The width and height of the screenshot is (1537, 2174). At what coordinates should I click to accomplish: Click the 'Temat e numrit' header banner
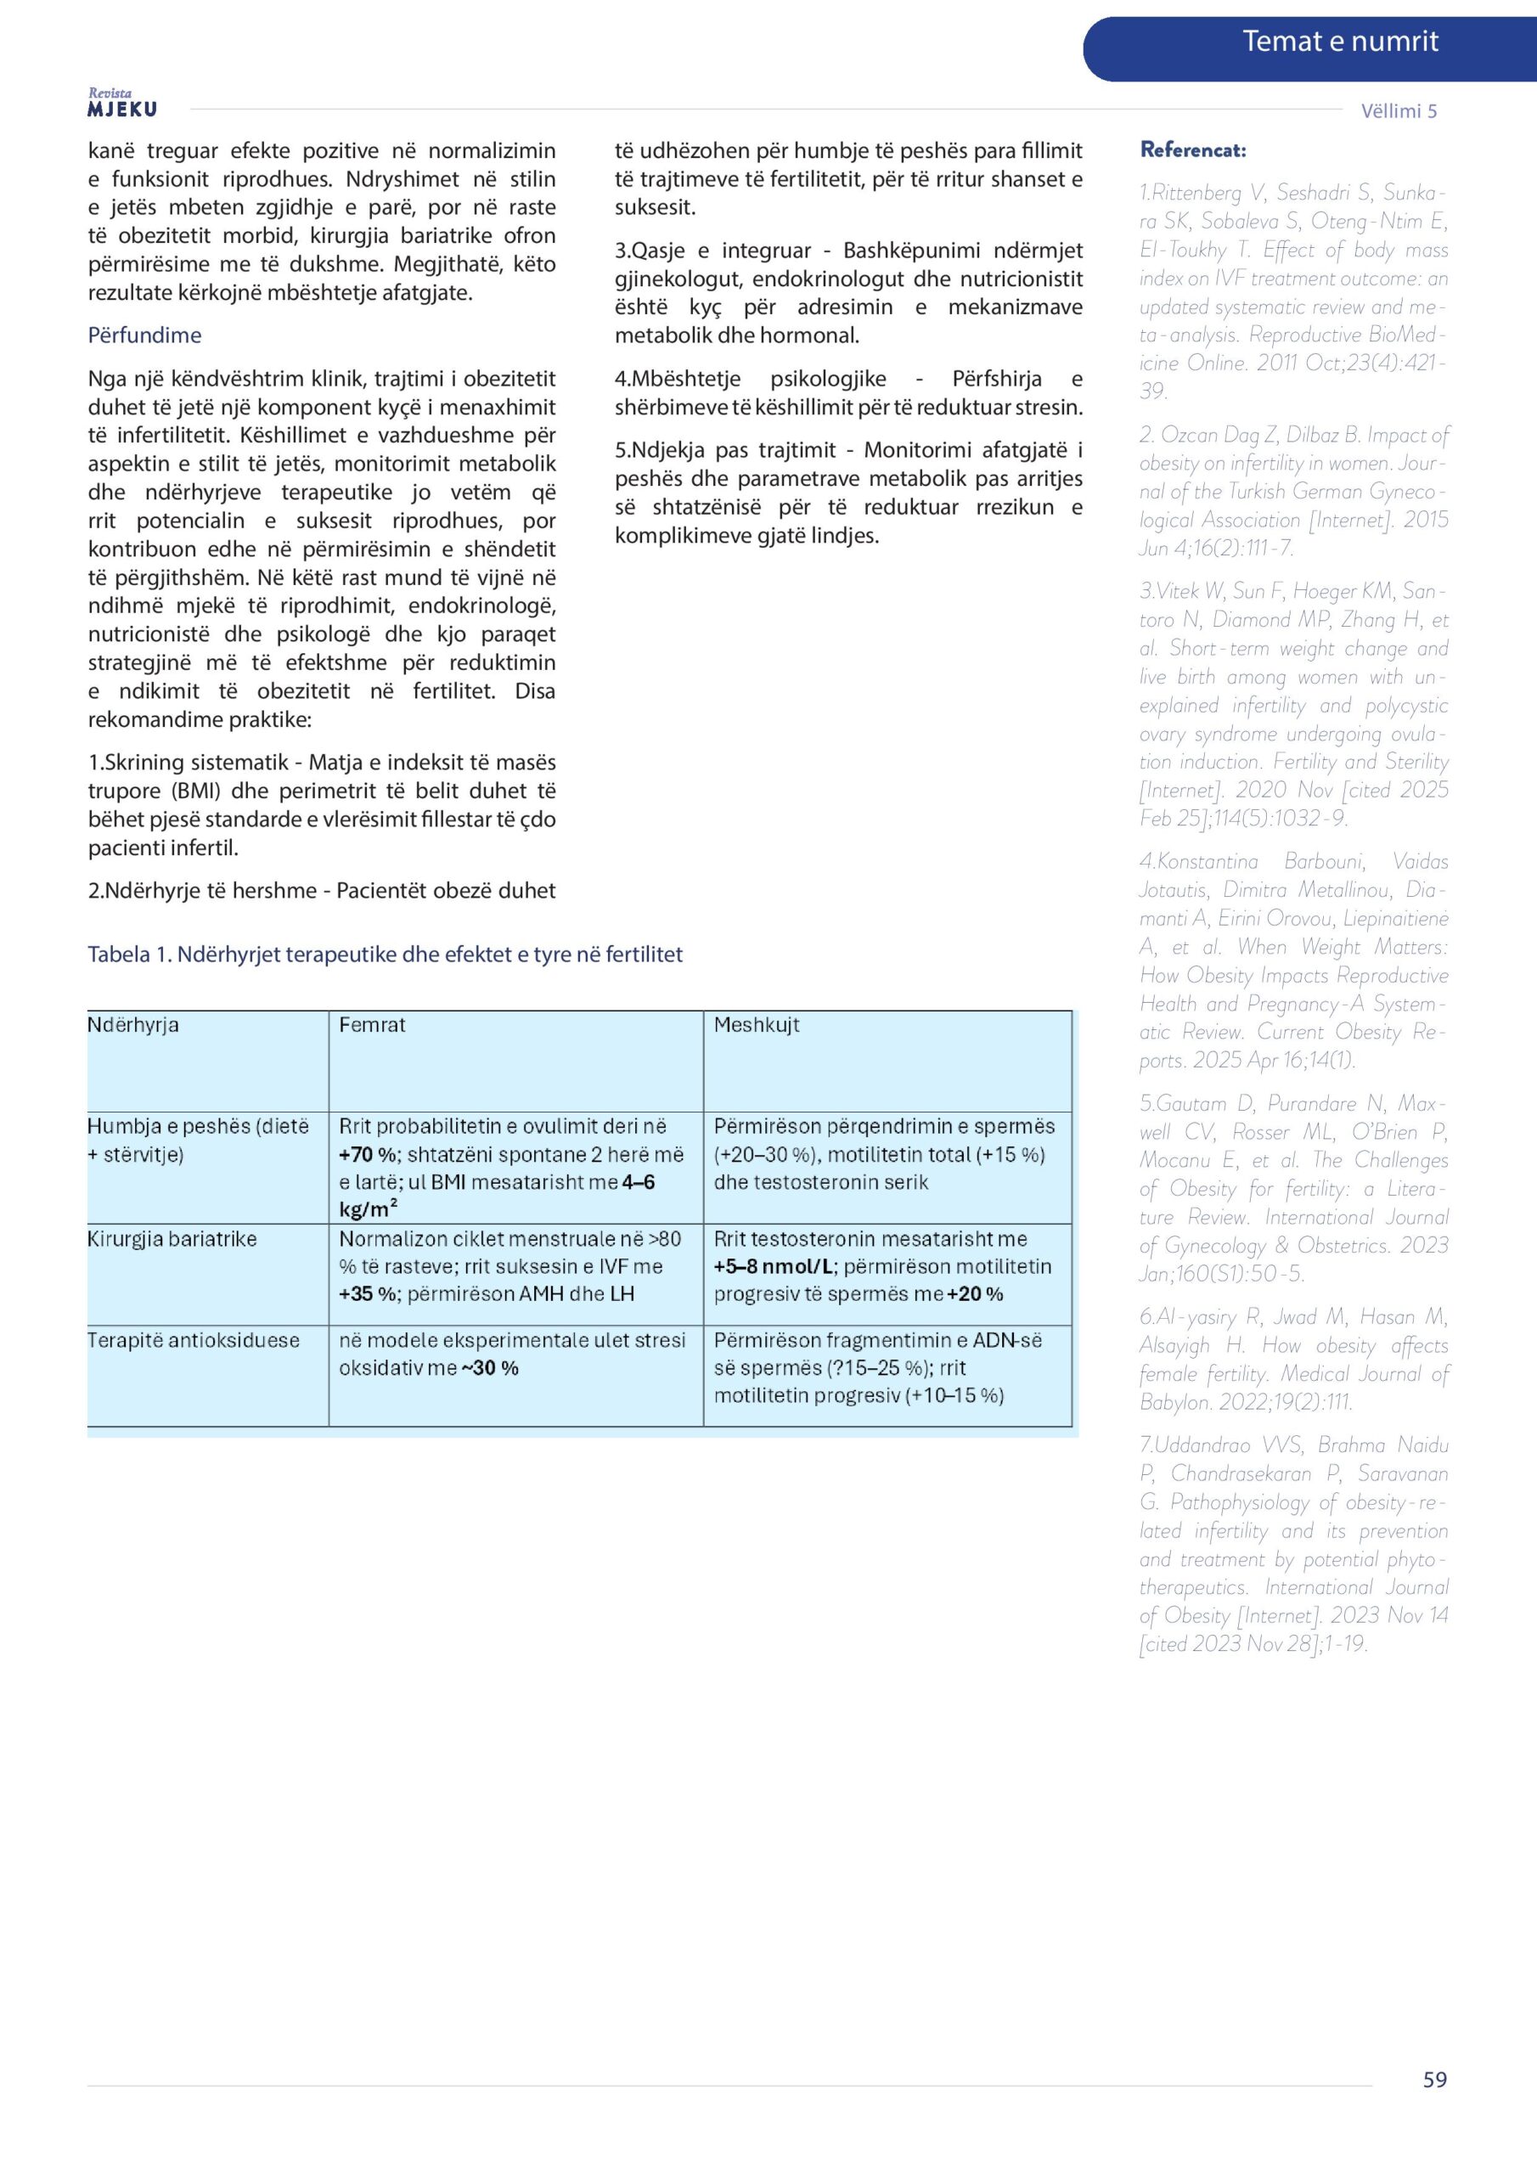pyautogui.click(x=1339, y=42)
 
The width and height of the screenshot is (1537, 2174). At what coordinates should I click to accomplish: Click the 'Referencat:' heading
pyautogui.click(x=1192, y=149)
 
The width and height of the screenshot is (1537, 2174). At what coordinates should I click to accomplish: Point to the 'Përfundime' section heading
pyautogui.click(x=144, y=335)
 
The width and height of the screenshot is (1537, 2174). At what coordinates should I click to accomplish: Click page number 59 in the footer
pyautogui.click(x=1433, y=2080)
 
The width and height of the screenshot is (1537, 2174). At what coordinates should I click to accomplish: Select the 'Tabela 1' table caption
pyautogui.click(x=385, y=954)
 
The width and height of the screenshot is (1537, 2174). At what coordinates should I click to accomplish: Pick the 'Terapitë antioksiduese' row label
pyautogui.click(x=194, y=1340)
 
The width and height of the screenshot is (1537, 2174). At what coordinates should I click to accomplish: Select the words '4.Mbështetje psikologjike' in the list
pyautogui.click(x=750, y=379)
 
